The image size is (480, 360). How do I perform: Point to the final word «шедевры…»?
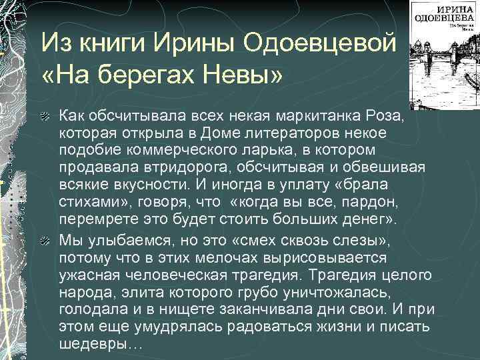click(101, 344)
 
